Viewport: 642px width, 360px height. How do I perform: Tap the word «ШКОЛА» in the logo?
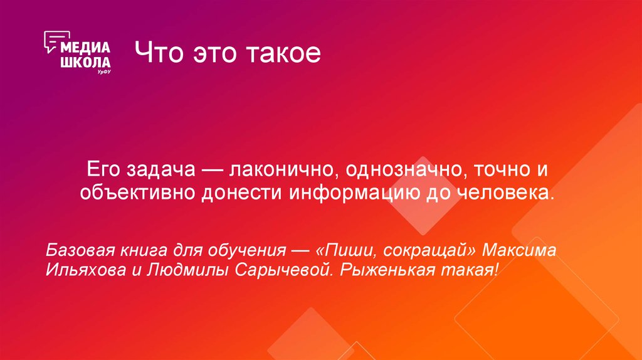pos(85,62)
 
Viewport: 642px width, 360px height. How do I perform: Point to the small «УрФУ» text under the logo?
pos(104,73)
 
